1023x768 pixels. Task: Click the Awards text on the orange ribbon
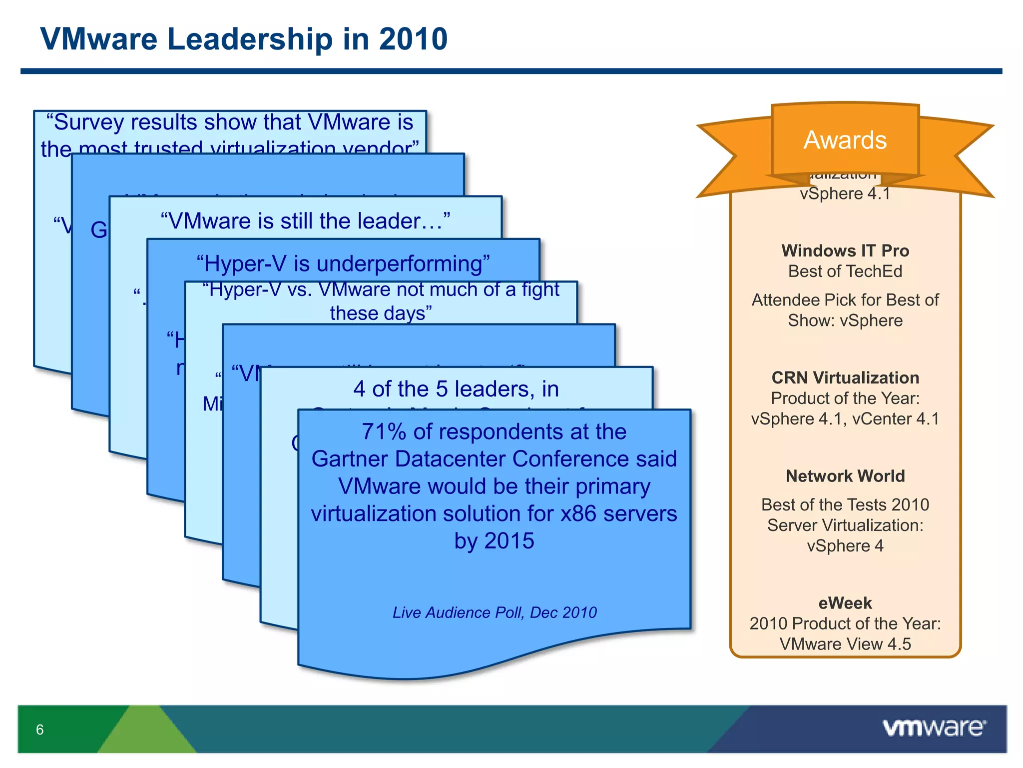tap(845, 140)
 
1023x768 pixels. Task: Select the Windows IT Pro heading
tap(845, 250)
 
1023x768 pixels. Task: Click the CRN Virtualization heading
tap(845, 377)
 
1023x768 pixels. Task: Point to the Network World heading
tap(845, 476)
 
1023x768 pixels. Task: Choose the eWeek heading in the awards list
tap(845, 603)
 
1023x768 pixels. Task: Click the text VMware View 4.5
tap(845, 644)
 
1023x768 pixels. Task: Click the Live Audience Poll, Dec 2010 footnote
tap(494, 612)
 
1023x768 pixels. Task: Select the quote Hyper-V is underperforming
tap(343, 263)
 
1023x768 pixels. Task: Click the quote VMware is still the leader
tap(305, 221)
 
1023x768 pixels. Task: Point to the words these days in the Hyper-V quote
tap(381, 313)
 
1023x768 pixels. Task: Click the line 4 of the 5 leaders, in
tap(456, 389)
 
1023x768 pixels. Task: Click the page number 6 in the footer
tap(39, 730)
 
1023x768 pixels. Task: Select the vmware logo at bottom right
tap(934, 728)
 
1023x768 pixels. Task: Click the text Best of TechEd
tap(845, 271)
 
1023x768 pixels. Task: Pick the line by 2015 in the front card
tap(494, 541)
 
